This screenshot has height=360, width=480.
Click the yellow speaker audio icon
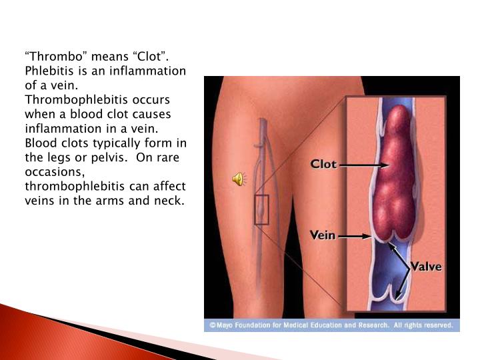click(x=239, y=179)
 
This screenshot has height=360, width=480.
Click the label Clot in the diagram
click(x=323, y=164)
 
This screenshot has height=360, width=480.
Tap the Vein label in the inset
click(x=323, y=235)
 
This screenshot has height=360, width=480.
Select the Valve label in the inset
click(x=426, y=266)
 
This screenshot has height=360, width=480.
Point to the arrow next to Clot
click(x=364, y=165)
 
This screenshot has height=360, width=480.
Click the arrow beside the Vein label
click(x=355, y=236)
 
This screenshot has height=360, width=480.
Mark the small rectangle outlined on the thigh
click(x=261, y=210)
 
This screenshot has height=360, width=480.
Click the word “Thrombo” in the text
click(x=56, y=57)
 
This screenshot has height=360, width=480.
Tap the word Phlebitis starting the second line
click(x=49, y=71)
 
